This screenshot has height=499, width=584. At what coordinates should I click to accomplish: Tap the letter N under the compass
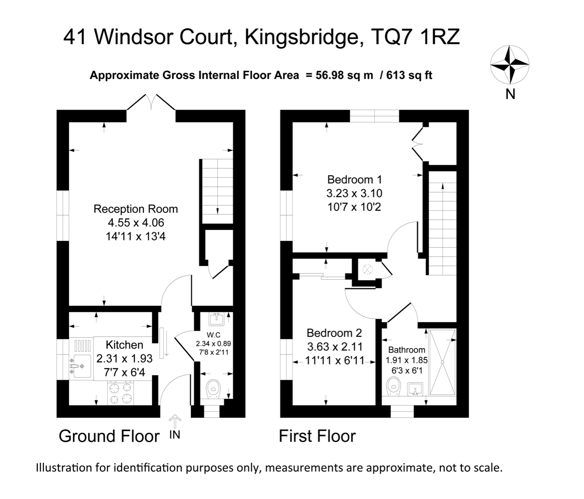510,94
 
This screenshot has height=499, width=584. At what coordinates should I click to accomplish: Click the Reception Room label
136,209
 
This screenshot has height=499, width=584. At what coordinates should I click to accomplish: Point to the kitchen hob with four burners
121,393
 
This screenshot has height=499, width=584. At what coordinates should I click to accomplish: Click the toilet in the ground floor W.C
214,388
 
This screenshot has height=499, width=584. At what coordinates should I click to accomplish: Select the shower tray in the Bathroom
442,362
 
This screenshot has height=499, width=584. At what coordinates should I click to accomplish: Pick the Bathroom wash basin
415,389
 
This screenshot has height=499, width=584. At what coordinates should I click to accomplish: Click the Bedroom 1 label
354,180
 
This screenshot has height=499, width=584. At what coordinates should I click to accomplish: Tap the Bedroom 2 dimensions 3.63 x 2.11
334,347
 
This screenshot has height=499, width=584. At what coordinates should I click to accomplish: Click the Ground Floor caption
109,436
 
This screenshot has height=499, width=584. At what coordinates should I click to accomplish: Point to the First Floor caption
317,436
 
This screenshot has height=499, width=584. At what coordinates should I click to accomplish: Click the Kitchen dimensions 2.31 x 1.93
124,359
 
